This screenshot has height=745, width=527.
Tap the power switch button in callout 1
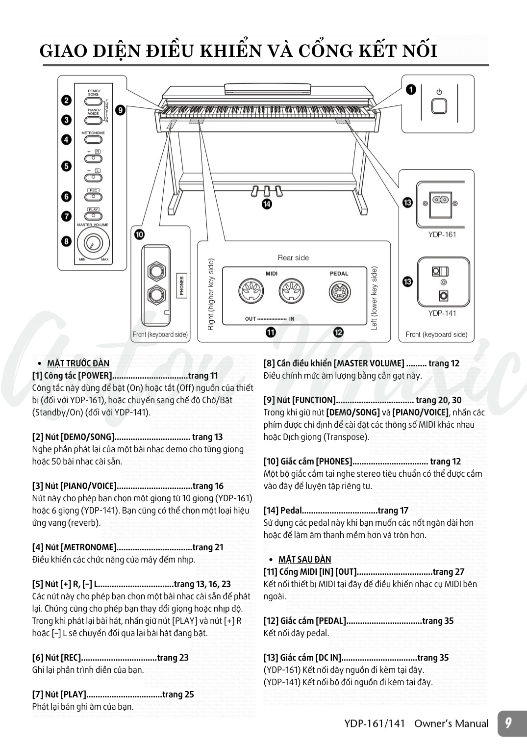coord(439,106)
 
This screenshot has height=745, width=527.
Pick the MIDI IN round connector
coord(290,292)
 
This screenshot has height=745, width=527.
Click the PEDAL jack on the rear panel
coord(339,293)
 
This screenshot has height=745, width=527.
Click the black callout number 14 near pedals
coord(266,205)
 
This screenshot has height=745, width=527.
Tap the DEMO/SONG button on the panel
coord(93,100)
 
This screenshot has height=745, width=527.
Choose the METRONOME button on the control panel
coord(93,139)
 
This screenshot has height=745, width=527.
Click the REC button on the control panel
coord(93,197)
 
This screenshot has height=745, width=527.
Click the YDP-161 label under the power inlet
coord(442,234)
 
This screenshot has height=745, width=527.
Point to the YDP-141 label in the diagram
coord(442,313)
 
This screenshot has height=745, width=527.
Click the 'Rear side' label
coord(293,257)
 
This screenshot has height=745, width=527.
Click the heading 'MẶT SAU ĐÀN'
coord(304,560)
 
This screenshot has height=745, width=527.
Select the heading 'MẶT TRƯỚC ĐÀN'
coord(78,363)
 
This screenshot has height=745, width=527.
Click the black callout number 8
coord(66,241)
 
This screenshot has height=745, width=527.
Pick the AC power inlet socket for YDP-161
coord(443,202)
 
